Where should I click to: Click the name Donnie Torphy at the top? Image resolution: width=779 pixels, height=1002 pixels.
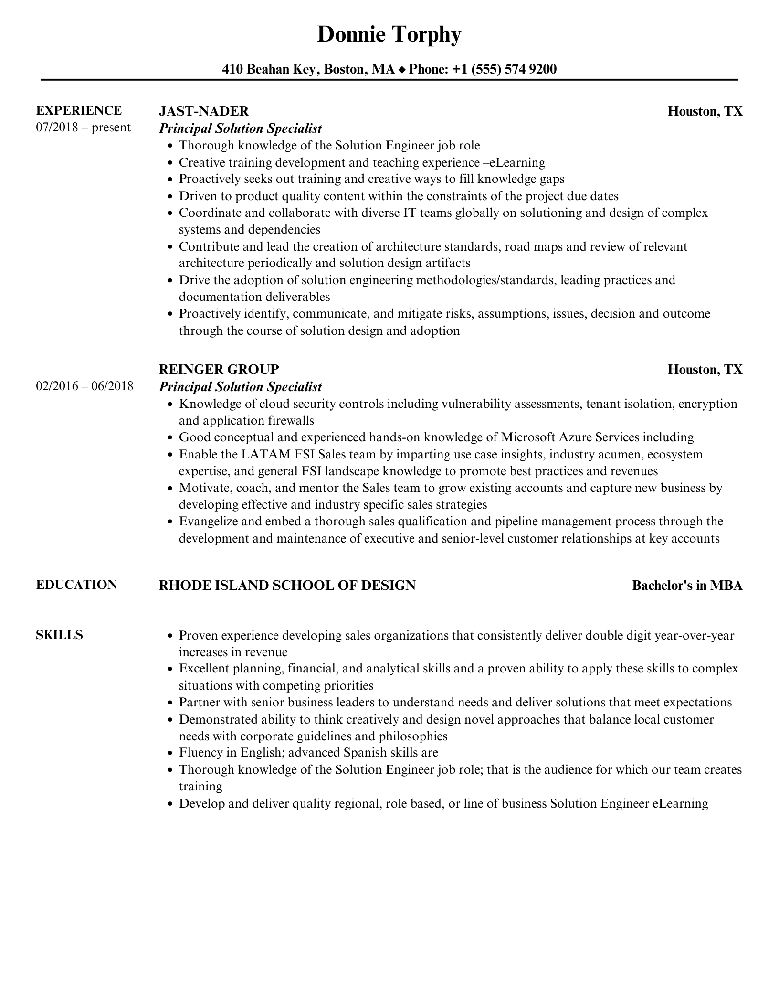coord(389,35)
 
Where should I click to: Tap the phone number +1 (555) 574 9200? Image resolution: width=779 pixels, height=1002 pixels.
coord(504,70)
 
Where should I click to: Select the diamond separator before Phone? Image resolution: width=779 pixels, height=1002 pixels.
coord(401,70)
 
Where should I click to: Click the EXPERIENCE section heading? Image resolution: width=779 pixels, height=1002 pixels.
coord(79,110)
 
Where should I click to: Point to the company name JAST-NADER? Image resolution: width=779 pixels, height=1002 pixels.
coord(203,111)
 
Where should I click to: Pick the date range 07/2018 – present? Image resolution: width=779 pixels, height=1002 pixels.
coord(83,128)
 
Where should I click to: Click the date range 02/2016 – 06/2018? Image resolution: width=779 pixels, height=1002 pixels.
coord(84,386)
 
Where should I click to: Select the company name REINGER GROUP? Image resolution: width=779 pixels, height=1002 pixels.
coord(219,369)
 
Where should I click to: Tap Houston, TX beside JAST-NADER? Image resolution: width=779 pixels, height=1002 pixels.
coord(705,111)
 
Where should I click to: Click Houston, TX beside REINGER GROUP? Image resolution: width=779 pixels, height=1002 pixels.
coord(705,369)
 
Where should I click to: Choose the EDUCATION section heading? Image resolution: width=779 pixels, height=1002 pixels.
coord(76,585)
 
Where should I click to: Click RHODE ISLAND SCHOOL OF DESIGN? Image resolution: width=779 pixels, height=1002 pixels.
coord(287,585)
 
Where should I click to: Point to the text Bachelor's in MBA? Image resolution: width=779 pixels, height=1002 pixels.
coord(687,586)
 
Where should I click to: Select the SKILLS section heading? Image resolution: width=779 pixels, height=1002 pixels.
coord(59,635)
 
